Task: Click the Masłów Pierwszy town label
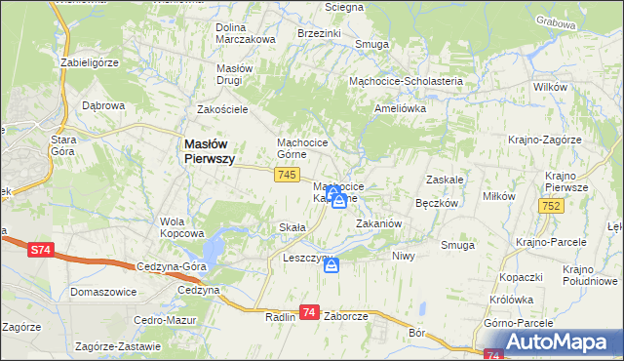point(209,151)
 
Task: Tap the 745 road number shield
point(286,175)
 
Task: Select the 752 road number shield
point(551,206)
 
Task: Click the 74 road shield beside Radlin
point(309,312)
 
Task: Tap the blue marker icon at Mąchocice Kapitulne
point(337,200)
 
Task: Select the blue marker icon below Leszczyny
point(331,264)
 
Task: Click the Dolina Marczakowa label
point(245,33)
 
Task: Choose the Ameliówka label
point(401,109)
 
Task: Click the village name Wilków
point(551,88)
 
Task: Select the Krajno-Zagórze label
point(544,140)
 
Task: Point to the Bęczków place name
point(437,204)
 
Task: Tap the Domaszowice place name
point(101,292)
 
